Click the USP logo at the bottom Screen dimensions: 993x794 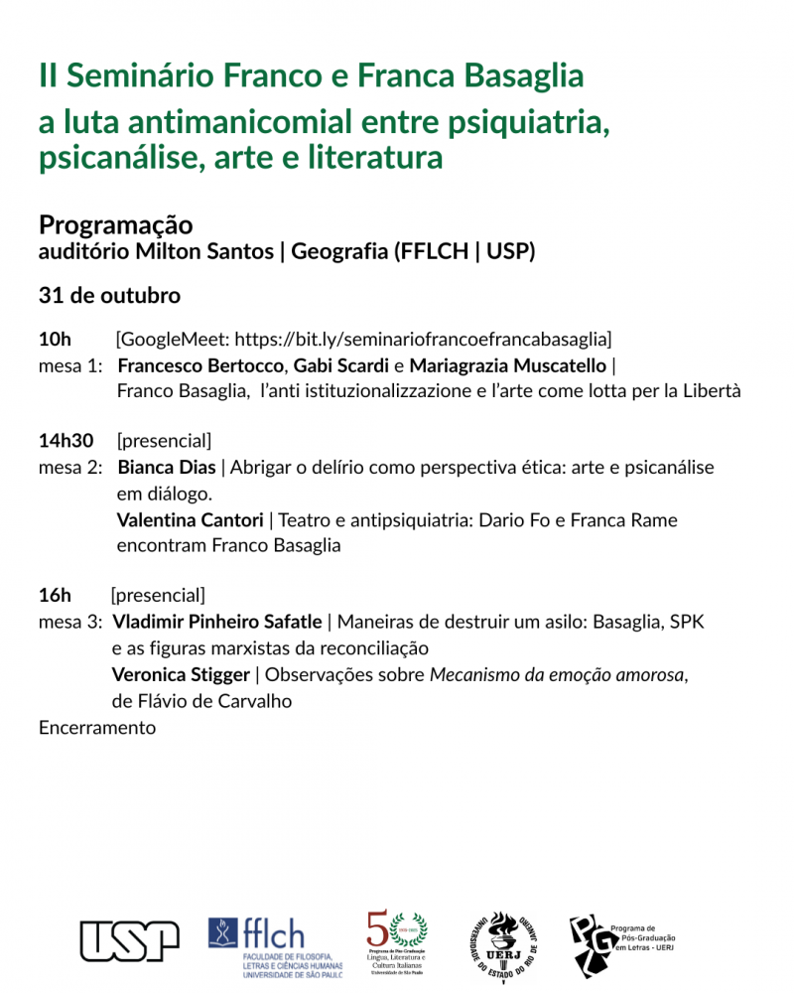pyautogui.click(x=129, y=940)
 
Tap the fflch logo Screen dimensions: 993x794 pyautogui.click(x=275, y=944)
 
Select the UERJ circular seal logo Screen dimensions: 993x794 pyautogui.click(x=504, y=946)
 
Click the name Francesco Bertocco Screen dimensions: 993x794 pyautogui.click(x=200, y=365)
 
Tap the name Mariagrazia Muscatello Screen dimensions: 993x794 pyautogui.click(x=507, y=365)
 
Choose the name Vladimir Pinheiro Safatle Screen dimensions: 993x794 pyautogui.click(x=217, y=622)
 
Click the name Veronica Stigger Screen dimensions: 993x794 pyautogui.click(x=182, y=675)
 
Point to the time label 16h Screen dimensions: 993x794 pyautogui.click(x=55, y=596)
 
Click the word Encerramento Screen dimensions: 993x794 pyautogui.click(x=97, y=728)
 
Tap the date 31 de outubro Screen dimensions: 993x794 pyautogui.click(x=109, y=296)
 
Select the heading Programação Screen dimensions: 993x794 pyautogui.click(x=115, y=225)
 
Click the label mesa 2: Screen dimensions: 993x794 pyautogui.click(x=70, y=468)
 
